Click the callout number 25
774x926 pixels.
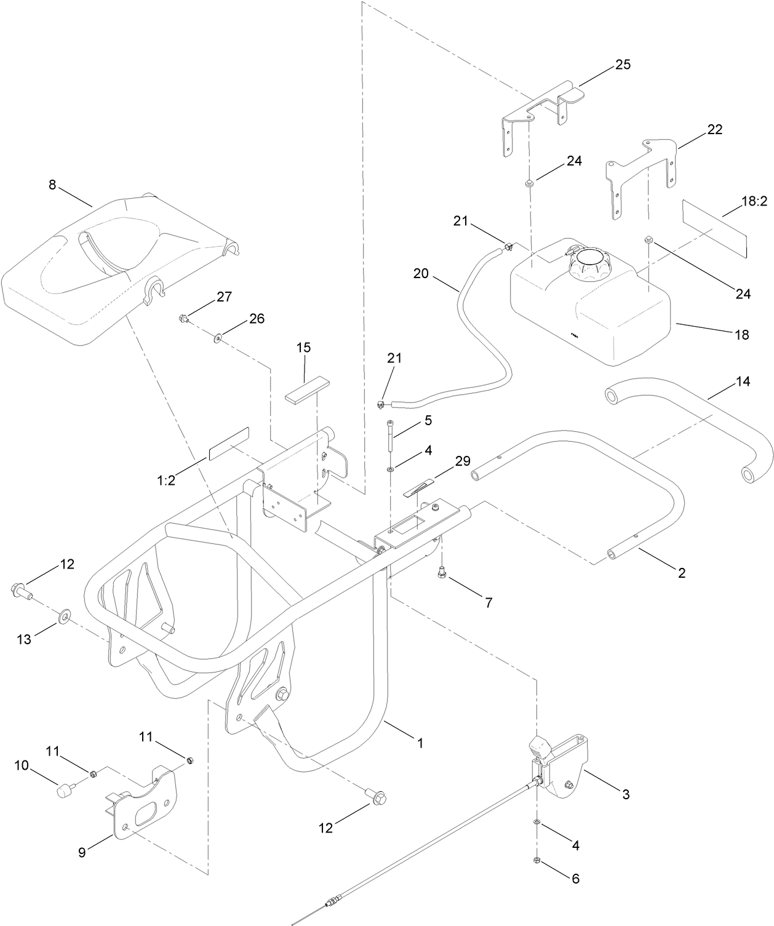click(623, 65)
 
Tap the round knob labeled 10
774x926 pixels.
click(64, 790)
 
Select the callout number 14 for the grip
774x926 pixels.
click(743, 381)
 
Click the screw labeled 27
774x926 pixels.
click(183, 318)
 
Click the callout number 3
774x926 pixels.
click(626, 794)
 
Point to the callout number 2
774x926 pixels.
click(681, 573)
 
